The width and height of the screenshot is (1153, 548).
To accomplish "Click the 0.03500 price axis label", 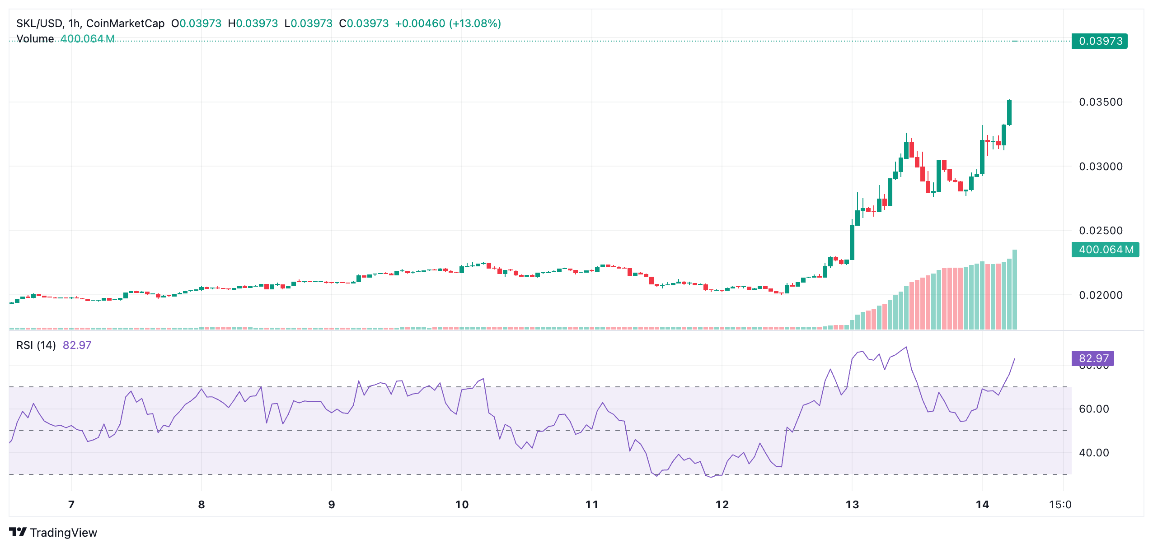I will tap(1100, 102).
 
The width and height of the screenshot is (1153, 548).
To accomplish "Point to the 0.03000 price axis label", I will tap(1100, 167).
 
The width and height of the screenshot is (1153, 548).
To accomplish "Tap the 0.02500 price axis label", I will tap(1100, 231).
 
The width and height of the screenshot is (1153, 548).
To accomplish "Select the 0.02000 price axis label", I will tap(1100, 295).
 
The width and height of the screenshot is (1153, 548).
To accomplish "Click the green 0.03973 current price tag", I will tap(1100, 41).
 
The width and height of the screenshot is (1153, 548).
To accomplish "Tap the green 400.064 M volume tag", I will tap(1105, 250).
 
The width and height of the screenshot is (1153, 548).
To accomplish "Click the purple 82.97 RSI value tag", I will tap(1093, 358).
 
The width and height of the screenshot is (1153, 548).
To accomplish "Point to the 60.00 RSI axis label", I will tap(1093, 409).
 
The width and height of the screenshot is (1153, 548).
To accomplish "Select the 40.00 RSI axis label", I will tap(1093, 453).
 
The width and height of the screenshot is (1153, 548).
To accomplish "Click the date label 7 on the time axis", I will tap(71, 505).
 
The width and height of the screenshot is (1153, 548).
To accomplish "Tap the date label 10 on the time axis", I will tap(462, 505).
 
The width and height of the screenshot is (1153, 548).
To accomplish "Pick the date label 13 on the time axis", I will tap(852, 505).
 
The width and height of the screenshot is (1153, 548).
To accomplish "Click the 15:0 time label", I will tap(1059, 505).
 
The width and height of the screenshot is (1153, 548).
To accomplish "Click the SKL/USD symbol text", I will tap(40, 23).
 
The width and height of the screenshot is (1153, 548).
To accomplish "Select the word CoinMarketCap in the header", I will tap(125, 23).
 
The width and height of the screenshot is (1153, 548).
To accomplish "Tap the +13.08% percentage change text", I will tap(475, 23).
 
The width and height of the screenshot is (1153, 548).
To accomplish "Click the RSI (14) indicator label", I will tap(36, 345).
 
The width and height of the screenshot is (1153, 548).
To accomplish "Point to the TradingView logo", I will tap(53, 533).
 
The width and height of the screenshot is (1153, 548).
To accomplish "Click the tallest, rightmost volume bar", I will tap(1015, 289).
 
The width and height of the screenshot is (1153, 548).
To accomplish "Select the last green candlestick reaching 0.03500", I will tap(1009, 113).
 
